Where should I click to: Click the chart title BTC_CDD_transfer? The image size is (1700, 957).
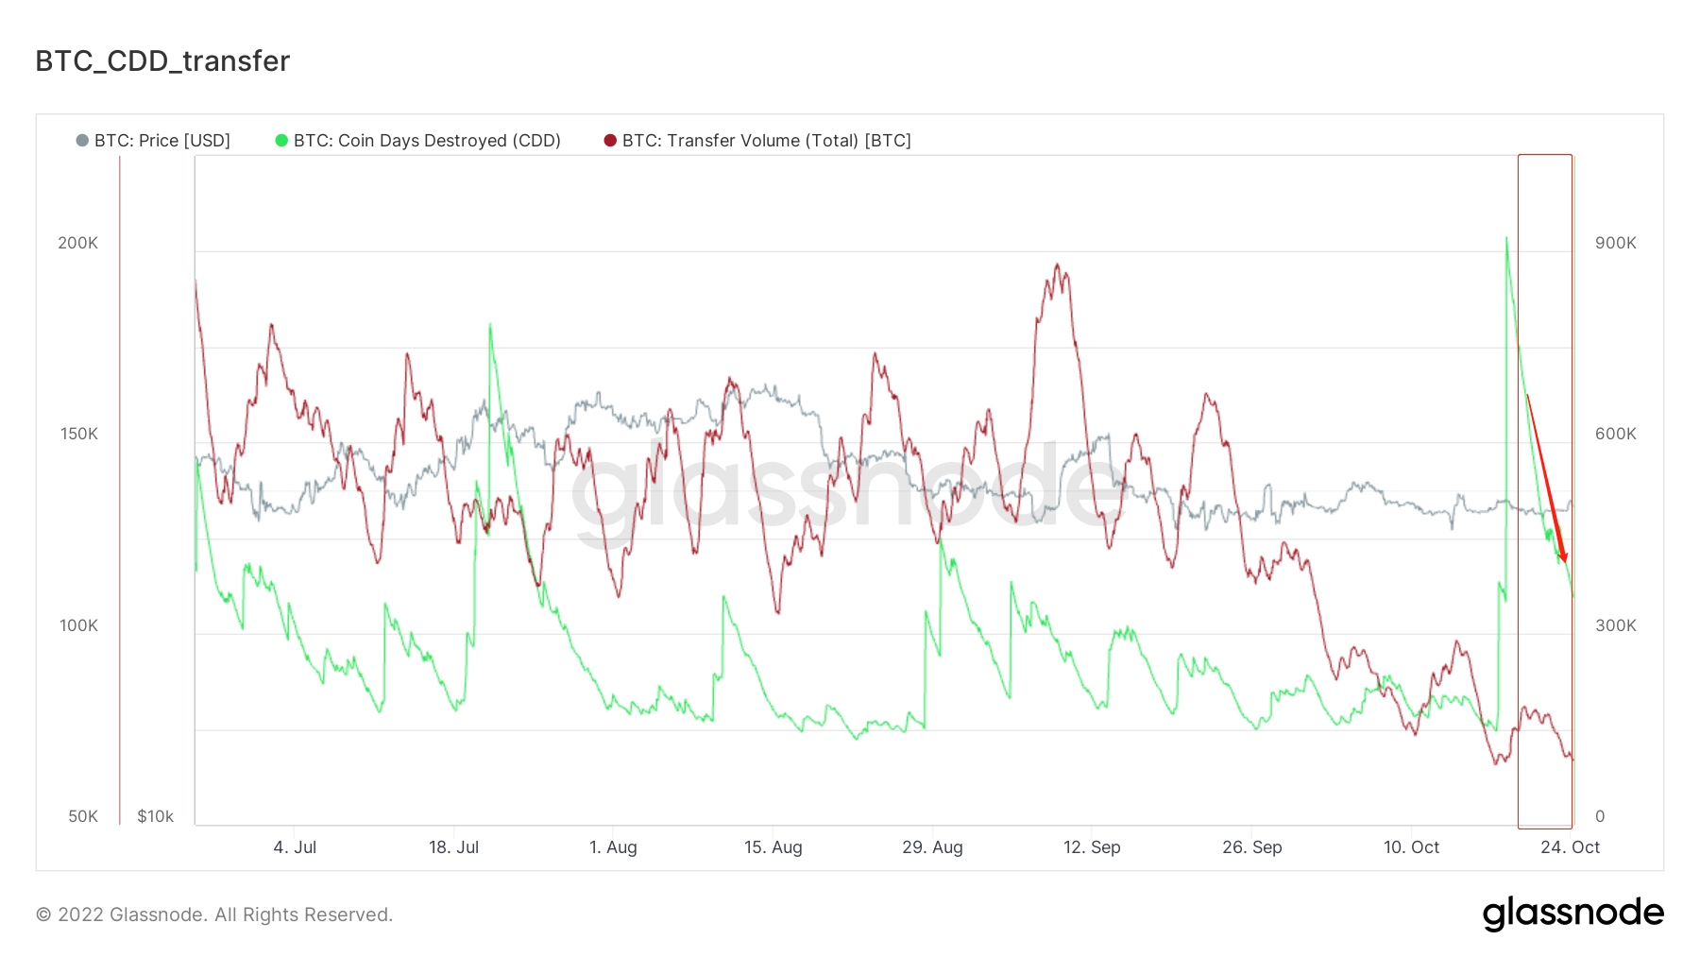[x=162, y=60]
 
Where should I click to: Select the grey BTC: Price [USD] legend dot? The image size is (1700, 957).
[x=82, y=141]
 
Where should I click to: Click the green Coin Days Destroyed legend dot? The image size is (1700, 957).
[x=281, y=141]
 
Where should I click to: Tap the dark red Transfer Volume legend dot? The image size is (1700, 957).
[x=610, y=141]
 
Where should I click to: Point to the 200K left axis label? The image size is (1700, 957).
[x=77, y=243]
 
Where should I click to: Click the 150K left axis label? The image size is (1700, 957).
[x=78, y=434]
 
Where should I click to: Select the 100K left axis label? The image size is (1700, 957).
[x=78, y=625]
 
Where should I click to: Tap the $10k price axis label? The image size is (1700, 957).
[x=155, y=816]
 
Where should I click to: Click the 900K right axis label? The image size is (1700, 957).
[x=1615, y=243]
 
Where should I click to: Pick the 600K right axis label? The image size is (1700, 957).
[x=1615, y=434]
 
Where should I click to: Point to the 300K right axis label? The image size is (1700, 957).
[x=1615, y=625]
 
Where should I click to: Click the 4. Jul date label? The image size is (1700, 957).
[x=295, y=847]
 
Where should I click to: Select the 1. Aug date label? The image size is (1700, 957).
[x=613, y=847]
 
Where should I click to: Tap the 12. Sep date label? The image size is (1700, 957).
[x=1092, y=847]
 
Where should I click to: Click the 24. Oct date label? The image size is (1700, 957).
[x=1570, y=847]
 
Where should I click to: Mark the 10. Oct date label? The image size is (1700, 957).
[x=1411, y=847]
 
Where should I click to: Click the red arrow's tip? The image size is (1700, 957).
[x=1565, y=562]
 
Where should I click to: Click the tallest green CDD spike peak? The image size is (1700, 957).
[x=1506, y=238]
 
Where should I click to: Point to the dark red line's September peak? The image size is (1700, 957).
[x=1057, y=265]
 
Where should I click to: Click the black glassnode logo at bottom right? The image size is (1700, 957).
[x=1572, y=914]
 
